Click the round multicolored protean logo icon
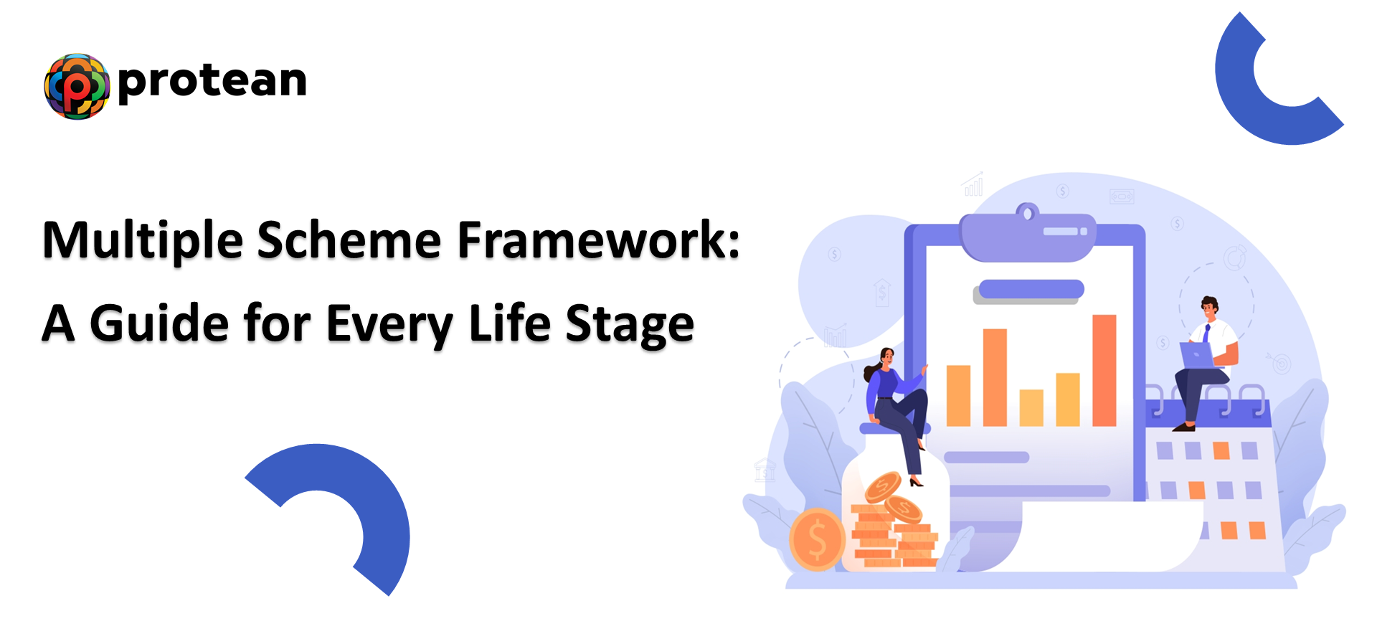coord(77,86)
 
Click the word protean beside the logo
coord(212,80)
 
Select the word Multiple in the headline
coord(143,241)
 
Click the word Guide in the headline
coord(159,324)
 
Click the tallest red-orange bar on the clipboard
coord(1104,370)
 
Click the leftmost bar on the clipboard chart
coord(958,395)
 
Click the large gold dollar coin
coord(817,539)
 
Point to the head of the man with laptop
coord(1210,308)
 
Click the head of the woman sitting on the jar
coord(886,356)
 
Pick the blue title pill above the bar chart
coord(1031,289)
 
